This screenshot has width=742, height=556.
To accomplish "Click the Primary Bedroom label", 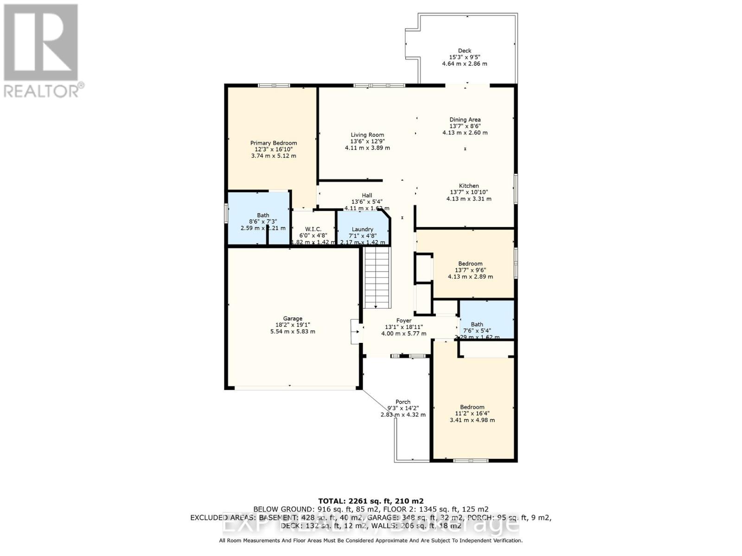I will [x=274, y=143].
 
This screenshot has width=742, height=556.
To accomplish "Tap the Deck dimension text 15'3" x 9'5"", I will [x=464, y=57].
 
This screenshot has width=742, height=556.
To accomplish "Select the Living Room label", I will [x=367, y=135].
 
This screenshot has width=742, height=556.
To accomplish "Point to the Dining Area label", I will [x=465, y=120].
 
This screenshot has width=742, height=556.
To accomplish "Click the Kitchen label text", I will [x=469, y=186].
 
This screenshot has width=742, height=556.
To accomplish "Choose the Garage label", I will [x=293, y=318].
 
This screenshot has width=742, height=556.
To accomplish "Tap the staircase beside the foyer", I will [x=377, y=278].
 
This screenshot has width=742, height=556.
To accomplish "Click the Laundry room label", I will [x=362, y=229].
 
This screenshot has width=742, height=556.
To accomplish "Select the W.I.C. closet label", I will [x=313, y=229].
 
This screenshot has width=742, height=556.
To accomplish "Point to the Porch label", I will [x=403, y=402].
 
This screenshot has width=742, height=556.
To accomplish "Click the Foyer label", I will [x=403, y=321].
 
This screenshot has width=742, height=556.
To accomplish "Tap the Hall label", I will [x=367, y=196].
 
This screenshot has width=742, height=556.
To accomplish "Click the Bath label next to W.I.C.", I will [x=263, y=215].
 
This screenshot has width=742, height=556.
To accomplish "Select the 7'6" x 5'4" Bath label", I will [x=477, y=324].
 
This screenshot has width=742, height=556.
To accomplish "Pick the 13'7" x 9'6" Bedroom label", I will [x=470, y=264].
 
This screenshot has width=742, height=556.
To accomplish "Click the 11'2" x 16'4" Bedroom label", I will [x=472, y=407].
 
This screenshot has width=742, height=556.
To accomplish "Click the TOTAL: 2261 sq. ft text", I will [x=371, y=501].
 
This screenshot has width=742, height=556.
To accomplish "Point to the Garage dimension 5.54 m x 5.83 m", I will [x=293, y=332].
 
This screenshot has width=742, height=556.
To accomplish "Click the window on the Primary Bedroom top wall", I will [x=274, y=85].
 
